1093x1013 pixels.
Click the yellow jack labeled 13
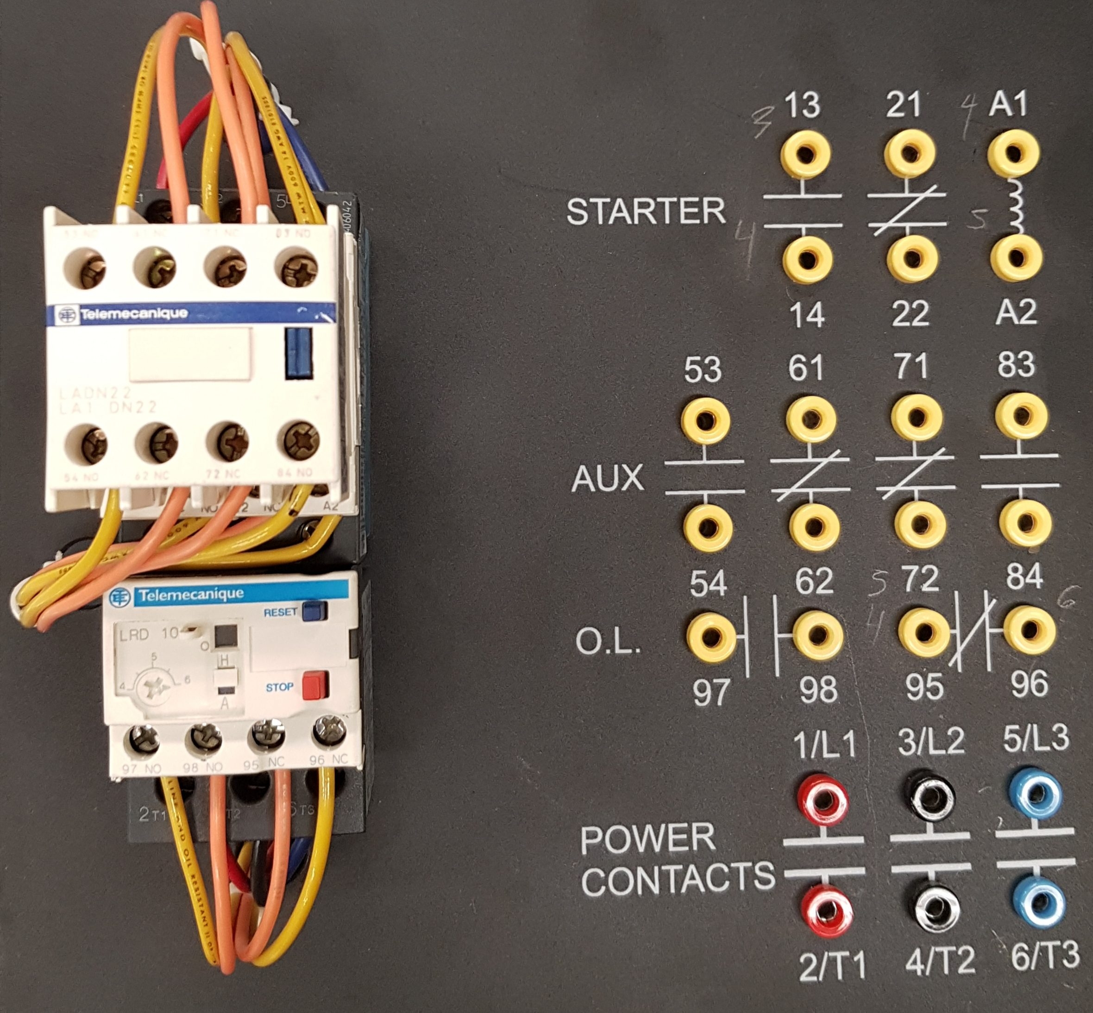click(805, 155)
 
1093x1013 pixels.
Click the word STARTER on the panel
click(646, 212)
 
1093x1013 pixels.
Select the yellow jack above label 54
click(708, 527)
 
